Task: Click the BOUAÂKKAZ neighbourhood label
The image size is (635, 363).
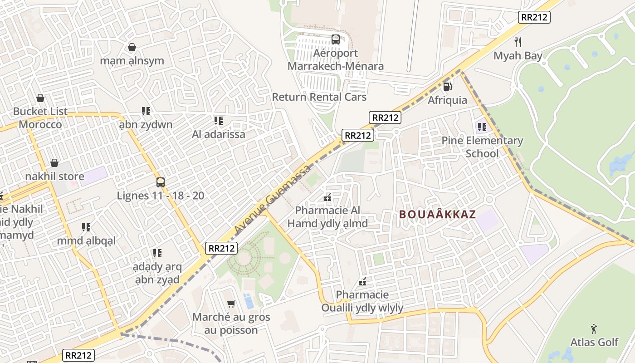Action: click(438, 214)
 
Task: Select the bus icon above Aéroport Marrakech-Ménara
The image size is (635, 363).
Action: click(336, 39)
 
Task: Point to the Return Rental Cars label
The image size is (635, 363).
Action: click(319, 97)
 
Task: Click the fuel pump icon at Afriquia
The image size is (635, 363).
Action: click(447, 86)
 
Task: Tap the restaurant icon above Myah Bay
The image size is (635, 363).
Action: click(518, 42)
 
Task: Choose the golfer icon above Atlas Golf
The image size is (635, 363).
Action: click(594, 329)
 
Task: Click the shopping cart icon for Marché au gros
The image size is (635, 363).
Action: click(231, 304)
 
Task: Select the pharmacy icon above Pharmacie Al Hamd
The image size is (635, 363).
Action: click(327, 197)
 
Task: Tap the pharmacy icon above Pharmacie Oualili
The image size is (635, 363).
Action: click(362, 281)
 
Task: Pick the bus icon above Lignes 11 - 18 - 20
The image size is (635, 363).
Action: click(161, 182)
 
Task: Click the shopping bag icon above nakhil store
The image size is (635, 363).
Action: click(54, 162)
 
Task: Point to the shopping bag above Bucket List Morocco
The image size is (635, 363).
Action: click(40, 98)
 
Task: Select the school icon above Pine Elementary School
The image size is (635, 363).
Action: click(482, 127)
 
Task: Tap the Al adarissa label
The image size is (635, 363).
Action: click(219, 134)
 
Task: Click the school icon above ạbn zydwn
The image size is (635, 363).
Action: click(146, 111)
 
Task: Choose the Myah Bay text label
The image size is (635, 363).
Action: click(518, 56)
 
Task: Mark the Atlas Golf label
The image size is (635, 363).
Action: click(594, 342)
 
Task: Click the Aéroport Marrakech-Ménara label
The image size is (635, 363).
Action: click(336, 59)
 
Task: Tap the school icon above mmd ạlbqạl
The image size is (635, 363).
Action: click(86, 227)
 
